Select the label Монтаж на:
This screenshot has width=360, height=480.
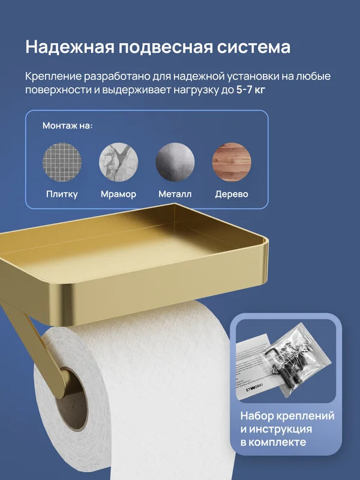pos(67,126)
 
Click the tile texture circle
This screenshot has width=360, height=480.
pos(62,161)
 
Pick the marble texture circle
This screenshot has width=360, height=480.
pos(118,161)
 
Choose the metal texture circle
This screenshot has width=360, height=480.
pos(175,161)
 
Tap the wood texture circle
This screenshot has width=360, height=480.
pos(232,161)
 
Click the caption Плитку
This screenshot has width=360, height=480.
pos(62,194)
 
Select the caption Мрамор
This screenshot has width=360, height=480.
pos(118,194)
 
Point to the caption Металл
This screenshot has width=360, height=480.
pos(175,194)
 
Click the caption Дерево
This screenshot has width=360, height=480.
pos(232,194)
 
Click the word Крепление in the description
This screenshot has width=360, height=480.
pos(55,77)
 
